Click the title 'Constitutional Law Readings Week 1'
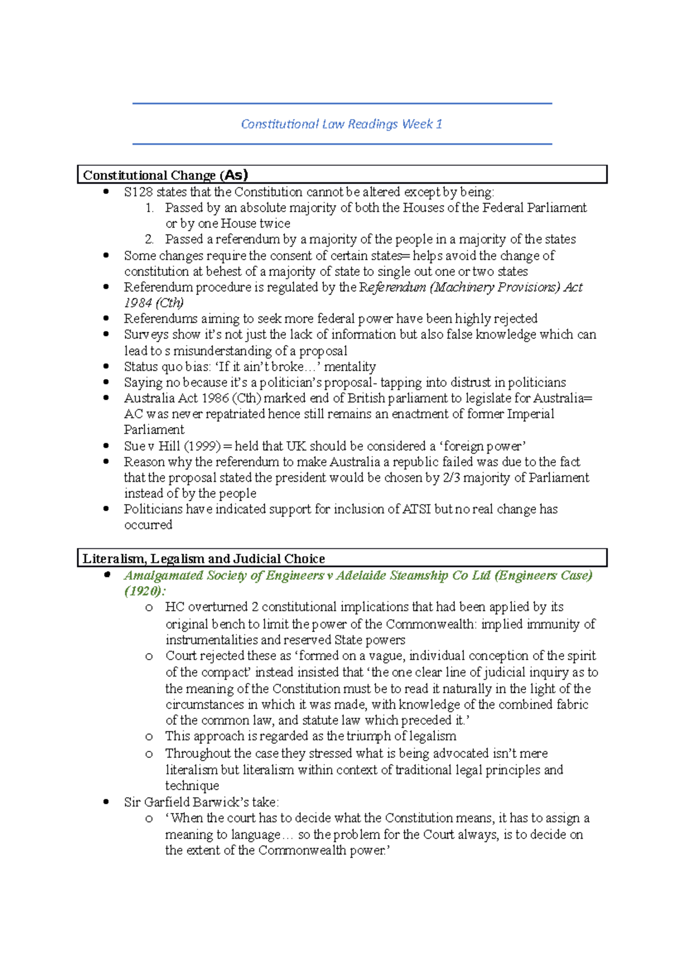coord(341,124)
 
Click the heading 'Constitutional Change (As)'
coord(165,175)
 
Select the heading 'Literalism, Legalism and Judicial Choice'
coord(203,559)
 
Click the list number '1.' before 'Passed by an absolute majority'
coord(149,208)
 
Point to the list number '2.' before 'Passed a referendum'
coord(149,239)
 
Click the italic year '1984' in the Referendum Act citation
coord(138,303)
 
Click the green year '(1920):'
coord(145,591)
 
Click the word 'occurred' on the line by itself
coord(148,525)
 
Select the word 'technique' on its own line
coord(192,786)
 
